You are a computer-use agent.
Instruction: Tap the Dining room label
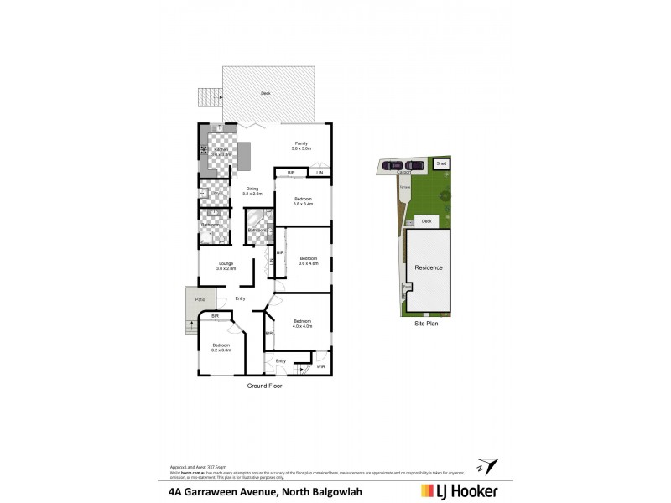click(x=252, y=190)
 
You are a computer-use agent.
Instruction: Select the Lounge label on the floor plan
click(x=226, y=266)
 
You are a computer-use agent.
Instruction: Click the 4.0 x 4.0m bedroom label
click(x=302, y=323)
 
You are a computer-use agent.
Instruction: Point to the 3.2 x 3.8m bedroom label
click(x=221, y=348)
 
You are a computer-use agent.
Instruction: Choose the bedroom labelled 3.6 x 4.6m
click(x=308, y=260)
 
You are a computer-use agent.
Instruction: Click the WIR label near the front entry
click(x=320, y=366)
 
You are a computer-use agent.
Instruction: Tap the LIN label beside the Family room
click(x=320, y=173)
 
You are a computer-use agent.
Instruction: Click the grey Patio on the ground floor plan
click(x=200, y=299)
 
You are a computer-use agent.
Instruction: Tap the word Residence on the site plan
click(x=428, y=267)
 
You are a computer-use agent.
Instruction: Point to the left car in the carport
click(x=395, y=165)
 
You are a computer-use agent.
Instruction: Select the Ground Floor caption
click(x=264, y=386)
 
